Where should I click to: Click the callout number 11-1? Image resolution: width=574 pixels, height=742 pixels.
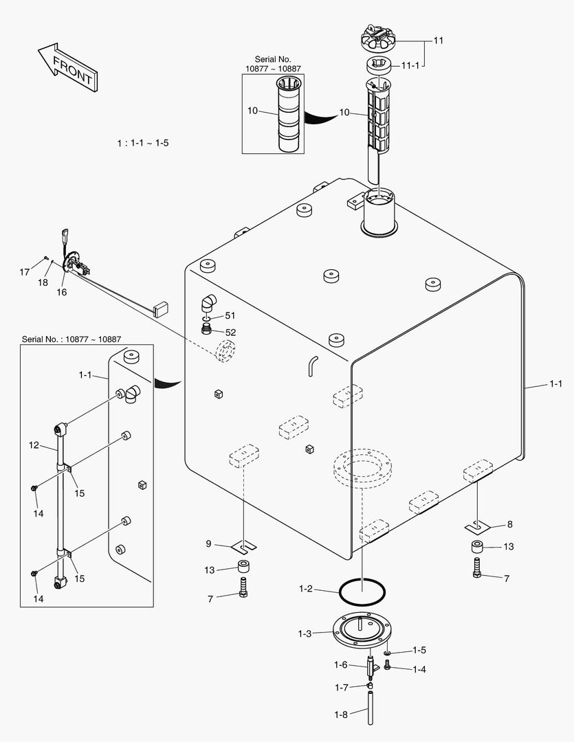(x=410, y=65)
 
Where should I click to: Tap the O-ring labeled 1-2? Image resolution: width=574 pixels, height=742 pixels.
(x=362, y=589)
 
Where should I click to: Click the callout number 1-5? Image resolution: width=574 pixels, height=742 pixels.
(x=419, y=650)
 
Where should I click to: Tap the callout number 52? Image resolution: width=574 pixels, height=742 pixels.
(x=230, y=332)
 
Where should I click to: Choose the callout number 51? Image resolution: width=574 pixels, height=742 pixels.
(x=230, y=316)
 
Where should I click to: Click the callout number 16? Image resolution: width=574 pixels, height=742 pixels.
(x=62, y=292)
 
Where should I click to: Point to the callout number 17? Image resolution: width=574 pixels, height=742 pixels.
(x=25, y=272)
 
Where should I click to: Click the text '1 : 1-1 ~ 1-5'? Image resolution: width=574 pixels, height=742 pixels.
(x=143, y=143)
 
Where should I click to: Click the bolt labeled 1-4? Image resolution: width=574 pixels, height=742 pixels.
(x=388, y=665)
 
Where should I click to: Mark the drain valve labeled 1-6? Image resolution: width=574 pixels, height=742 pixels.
(x=371, y=666)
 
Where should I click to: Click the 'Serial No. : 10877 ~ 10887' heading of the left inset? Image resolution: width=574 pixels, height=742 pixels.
(x=71, y=339)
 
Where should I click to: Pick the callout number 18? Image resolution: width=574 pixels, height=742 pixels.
(x=43, y=282)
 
